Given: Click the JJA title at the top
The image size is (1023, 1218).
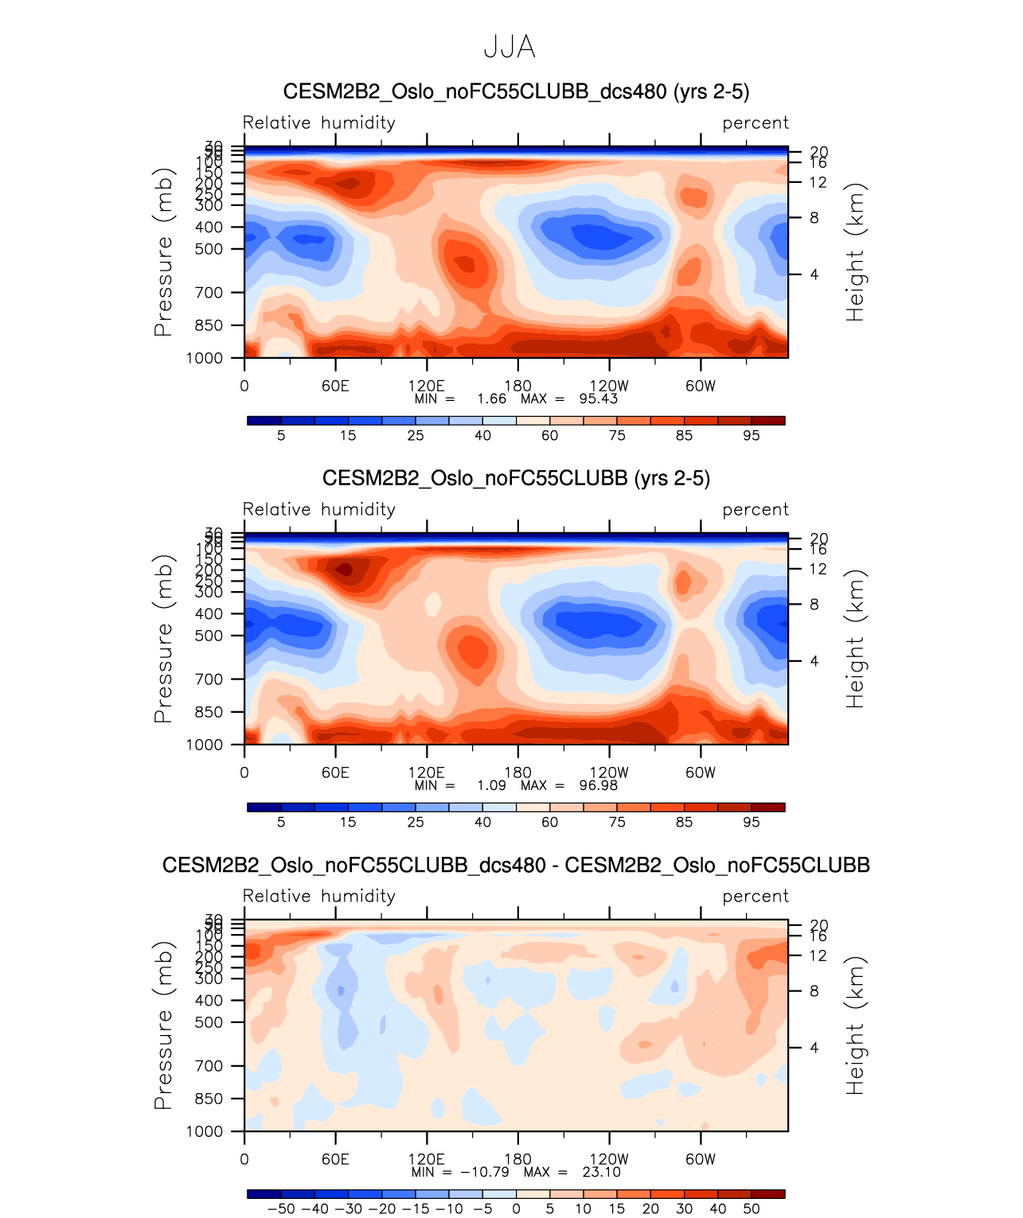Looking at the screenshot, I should (510, 48).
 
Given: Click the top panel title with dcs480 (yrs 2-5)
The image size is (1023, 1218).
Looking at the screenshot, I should (516, 91).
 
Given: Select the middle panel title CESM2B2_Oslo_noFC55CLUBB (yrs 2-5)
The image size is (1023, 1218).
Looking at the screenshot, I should (516, 478).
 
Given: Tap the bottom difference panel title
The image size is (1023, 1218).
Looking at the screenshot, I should (516, 865).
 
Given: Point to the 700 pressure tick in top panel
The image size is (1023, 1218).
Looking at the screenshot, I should (209, 293).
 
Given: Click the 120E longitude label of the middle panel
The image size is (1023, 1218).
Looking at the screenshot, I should (427, 772).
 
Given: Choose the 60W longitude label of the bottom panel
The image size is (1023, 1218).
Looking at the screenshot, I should (701, 1159).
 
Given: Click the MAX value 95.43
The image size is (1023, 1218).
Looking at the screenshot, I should (599, 399).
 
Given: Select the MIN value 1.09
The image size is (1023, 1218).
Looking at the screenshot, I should (492, 785).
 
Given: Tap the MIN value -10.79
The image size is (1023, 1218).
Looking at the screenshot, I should (484, 1172).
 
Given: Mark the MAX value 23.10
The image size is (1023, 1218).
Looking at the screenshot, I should (601, 1172).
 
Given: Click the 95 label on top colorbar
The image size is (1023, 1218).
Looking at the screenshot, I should (752, 435).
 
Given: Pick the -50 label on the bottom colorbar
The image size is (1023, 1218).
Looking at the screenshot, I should (281, 1208).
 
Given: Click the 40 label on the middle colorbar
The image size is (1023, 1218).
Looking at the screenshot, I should (482, 822).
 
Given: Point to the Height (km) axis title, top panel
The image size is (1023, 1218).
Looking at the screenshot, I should (855, 252).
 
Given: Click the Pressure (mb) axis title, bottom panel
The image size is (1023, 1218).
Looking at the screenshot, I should (163, 1025).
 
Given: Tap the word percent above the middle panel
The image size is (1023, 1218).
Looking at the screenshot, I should (756, 509).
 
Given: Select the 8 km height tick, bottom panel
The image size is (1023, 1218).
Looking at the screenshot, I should (814, 991).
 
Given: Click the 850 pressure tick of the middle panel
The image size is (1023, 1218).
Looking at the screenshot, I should (209, 712).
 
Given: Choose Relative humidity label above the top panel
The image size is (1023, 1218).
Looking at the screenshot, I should (318, 123).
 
